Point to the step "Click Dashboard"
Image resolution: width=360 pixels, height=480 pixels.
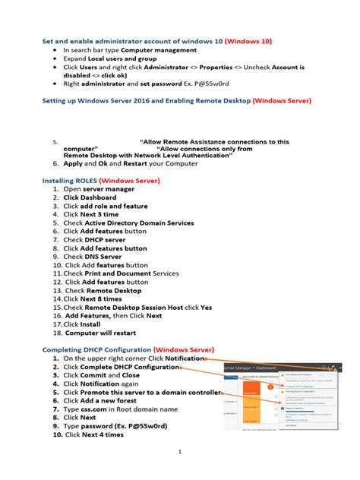click(92, 197)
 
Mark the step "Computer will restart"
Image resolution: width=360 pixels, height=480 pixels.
click(103, 333)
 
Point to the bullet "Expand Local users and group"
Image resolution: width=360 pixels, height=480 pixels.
click(110, 58)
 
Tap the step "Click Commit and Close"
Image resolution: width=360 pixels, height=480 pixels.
click(102, 375)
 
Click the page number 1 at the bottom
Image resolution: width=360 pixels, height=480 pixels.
click(179, 451)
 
